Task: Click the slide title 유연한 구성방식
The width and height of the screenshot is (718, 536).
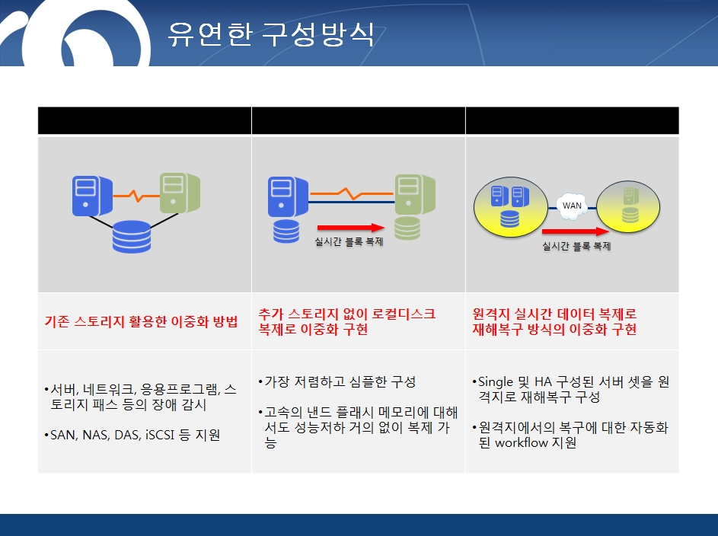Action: [x=271, y=33]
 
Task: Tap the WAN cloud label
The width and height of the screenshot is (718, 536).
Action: [x=572, y=206]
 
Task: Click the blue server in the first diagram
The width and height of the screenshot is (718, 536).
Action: [x=92, y=196]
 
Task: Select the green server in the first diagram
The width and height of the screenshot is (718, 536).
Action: [x=180, y=193]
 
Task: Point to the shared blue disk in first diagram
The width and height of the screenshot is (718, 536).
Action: [x=132, y=237]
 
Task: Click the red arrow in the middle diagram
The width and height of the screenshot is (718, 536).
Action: [x=351, y=228]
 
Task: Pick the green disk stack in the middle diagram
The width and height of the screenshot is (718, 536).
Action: [x=407, y=228]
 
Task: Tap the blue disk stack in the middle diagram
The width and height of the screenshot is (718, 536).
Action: [x=286, y=231]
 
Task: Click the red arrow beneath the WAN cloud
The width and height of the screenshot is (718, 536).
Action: [x=576, y=231]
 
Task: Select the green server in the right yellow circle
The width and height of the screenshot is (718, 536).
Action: [x=630, y=196]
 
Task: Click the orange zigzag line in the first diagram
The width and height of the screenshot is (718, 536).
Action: [x=136, y=196]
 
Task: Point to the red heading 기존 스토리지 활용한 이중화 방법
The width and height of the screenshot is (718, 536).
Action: [x=141, y=321]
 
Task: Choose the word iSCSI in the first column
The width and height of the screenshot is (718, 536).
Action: [x=160, y=435]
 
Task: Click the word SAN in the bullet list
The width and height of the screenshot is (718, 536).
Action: [x=63, y=435]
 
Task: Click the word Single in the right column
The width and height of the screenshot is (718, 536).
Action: [x=495, y=382]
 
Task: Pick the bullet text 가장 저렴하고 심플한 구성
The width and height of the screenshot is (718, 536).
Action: [x=340, y=381]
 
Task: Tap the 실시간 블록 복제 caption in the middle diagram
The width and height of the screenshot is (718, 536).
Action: [x=349, y=241]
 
